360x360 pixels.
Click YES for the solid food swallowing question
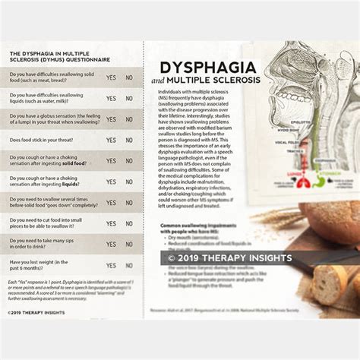[x=111, y=77]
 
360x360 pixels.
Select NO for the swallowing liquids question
[x=129, y=99]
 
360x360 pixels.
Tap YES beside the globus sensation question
[x=111, y=119]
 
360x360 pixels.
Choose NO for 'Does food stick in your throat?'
[x=129, y=141]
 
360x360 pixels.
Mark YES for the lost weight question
[x=111, y=266]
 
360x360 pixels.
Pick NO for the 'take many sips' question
[x=129, y=245]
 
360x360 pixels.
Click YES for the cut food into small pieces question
[x=111, y=224]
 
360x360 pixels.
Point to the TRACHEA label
[x=286, y=150]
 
